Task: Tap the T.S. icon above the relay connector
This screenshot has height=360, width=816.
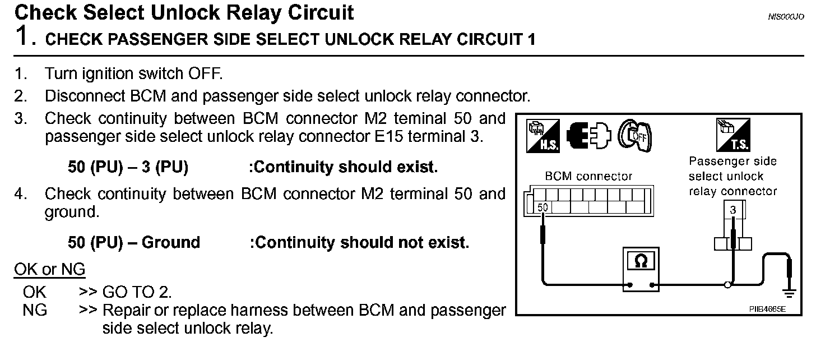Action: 732,135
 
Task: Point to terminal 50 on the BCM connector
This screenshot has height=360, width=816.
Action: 543,207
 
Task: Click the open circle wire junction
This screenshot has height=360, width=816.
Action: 727,285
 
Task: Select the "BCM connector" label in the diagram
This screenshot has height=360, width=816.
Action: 588,177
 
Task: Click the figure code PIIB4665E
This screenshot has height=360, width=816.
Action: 766,309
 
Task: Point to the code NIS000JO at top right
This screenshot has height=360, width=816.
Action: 786,17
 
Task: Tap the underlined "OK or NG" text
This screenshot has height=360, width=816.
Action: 49,270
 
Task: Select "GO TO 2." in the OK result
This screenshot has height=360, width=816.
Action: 137,292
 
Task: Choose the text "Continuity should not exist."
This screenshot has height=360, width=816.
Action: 359,242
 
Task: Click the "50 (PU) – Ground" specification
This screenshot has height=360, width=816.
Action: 133,242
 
